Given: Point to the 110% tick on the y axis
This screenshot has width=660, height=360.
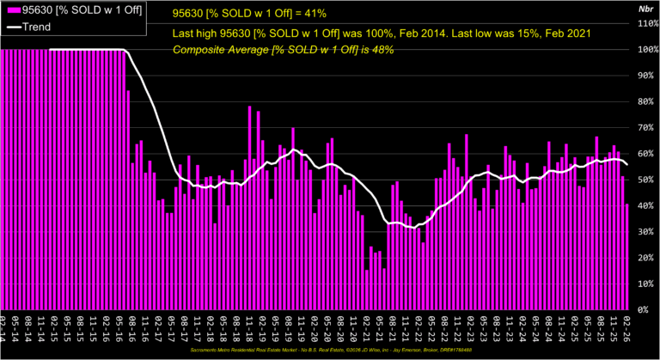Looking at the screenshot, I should [645, 23].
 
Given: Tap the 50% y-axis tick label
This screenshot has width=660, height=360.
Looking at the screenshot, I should [645, 180].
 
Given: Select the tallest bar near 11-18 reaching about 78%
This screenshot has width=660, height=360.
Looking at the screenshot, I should [250, 207].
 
